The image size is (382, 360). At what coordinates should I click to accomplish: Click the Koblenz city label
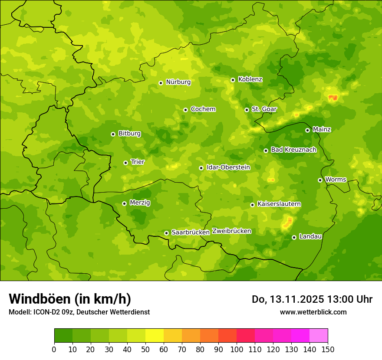pyautogui.click(x=250, y=79)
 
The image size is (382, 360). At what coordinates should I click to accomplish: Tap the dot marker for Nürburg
pyautogui.click(x=161, y=83)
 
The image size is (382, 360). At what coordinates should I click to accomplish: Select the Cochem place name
pyautogui.click(x=203, y=109)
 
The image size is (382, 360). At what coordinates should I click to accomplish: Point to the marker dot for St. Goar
pyautogui.click(x=247, y=110)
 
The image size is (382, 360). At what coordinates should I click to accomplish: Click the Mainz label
pyautogui.click(x=322, y=129)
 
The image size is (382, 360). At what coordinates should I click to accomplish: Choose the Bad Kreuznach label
pyautogui.click(x=293, y=150)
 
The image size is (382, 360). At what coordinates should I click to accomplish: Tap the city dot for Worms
pyautogui.click(x=320, y=180)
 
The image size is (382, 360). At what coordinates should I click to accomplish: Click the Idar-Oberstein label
pyautogui.click(x=228, y=167)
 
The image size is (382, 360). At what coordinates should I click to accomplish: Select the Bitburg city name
pyautogui.click(x=129, y=134)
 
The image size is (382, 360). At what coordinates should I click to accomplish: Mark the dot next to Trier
pyautogui.click(x=125, y=163)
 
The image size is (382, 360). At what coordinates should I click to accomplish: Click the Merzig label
pyautogui.click(x=140, y=203)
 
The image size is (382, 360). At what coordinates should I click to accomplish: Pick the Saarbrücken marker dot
pyautogui.click(x=166, y=233)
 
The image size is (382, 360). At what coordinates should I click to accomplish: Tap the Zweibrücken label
pyautogui.click(x=231, y=231)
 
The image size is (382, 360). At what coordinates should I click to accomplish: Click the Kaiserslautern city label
pyautogui.click(x=279, y=204)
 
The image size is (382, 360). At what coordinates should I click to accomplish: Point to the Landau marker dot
pyautogui.click(x=294, y=237)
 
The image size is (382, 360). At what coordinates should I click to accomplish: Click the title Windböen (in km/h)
pyautogui.click(x=69, y=299)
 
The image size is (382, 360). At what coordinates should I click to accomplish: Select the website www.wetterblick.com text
pyautogui.click(x=313, y=312)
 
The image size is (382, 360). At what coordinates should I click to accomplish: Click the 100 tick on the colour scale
pyautogui.click(x=237, y=349)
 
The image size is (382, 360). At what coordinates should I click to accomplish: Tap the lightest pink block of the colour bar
pyautogui.click(x=319, y=335)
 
